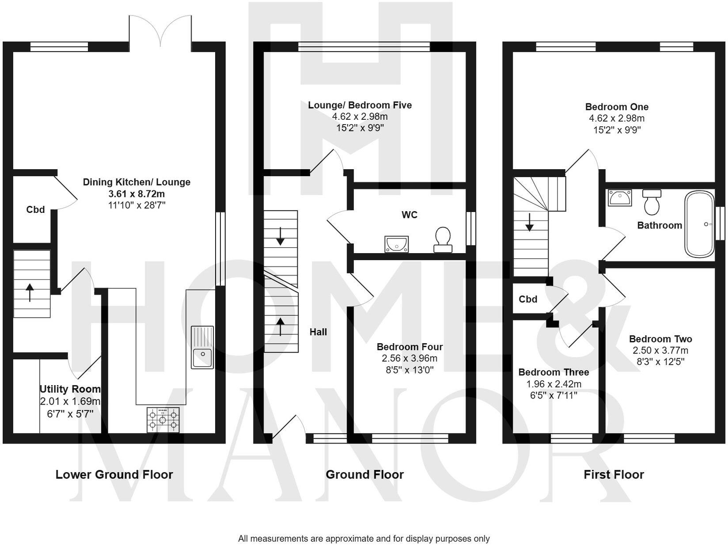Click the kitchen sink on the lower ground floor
point(202,347)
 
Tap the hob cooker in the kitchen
point(163,420)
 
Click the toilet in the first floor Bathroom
point(652,202)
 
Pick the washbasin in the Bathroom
point(620,197)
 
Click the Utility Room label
point(70,389)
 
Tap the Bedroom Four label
point(409,347)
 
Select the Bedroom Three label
point(554,372)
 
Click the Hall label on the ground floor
point(318,332)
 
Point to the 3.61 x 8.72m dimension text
point(136,193)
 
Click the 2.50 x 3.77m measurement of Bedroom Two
point(660,350)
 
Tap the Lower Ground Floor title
point(114,474)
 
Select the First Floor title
point(614,474)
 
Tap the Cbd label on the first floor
point(528,299)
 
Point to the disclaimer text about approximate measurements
point(364,538)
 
